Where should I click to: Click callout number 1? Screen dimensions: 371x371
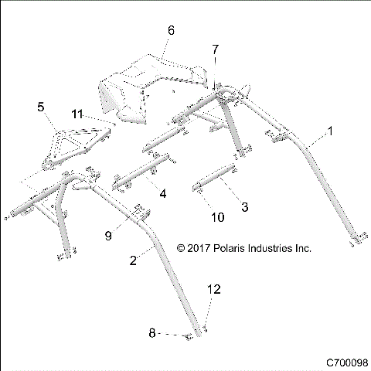[x=332, y=132]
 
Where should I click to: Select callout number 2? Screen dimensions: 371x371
[x=133, y=260]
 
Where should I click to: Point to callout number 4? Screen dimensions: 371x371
[x=162, y=193]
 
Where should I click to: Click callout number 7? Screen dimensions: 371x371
[x=216, y=49]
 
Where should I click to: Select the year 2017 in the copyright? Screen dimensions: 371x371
[x=200, y=249]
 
